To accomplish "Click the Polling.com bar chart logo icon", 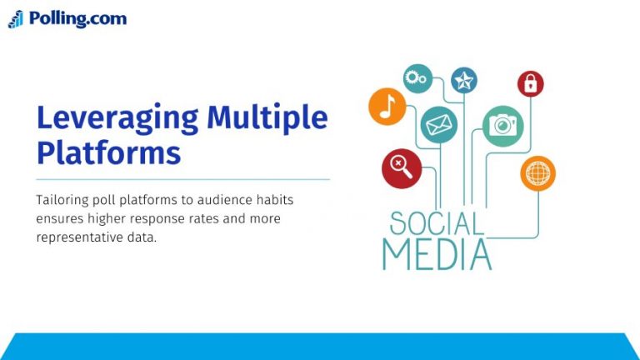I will [x=16, y=19].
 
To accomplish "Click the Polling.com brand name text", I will [x=77, y=18].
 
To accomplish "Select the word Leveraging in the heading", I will [x=117, y=118].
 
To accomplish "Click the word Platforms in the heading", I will [x=108, y=153].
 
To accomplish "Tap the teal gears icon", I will [x=417, y=78].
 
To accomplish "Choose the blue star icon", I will [x=463, y=81].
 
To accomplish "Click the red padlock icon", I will [x=530, y=83].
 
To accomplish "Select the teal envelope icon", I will [x=438, y=125].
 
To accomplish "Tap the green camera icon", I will [x=502, y=125].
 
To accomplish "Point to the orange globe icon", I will [x=537, y=173].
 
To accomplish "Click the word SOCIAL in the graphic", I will [x=437, y=223].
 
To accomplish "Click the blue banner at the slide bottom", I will [x=320, y=347].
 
